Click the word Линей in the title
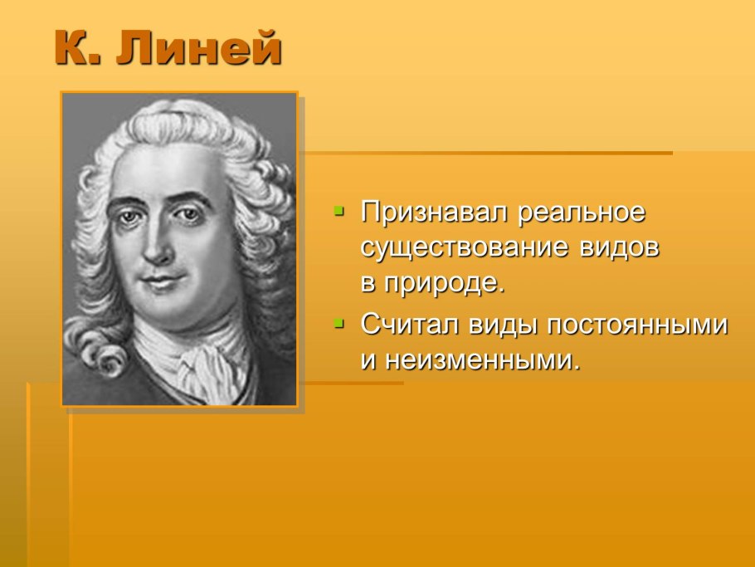click(x=198, y=47)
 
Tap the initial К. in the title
click(x=78, y=47)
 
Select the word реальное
click(x=581, y=213)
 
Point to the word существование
click(x=464, y=248)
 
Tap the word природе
click(x=444, y=283)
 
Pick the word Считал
click(x=409, y=325)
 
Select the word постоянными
click(x=637, y=325)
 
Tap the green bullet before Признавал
click(x=339, y=211)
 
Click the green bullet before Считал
click(x=339, y=323)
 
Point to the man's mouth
click(x=163, y=280)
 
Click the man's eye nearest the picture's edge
click(x=128, y=217)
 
